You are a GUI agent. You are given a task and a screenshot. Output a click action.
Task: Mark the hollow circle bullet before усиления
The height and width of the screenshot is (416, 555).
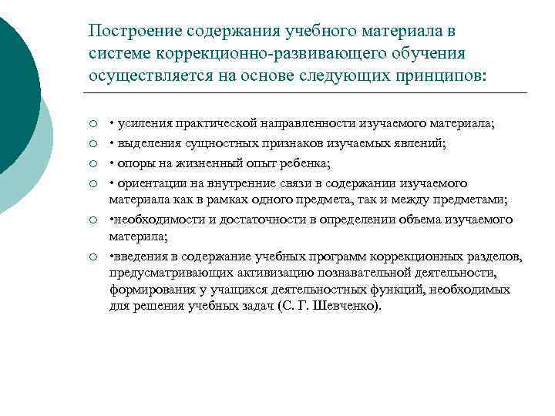click(92, 125)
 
